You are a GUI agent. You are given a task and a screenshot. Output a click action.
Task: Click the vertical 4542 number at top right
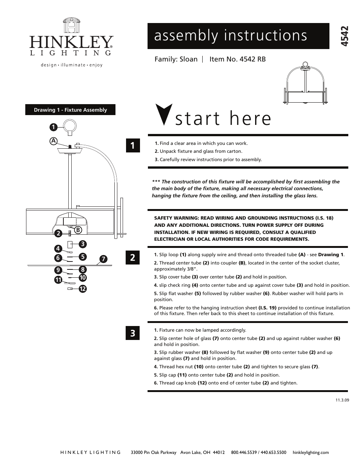tap(344, 37)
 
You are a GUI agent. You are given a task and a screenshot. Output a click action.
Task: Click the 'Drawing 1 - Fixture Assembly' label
tap(70, 110)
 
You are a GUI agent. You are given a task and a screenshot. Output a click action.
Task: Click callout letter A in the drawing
tap(54, 141)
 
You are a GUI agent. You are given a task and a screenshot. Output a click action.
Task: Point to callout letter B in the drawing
tap(77, 229)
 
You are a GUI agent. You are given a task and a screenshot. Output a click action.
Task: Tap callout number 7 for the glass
tap(103, 259)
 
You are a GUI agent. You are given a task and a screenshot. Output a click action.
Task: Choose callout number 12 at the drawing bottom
tap(83, 289)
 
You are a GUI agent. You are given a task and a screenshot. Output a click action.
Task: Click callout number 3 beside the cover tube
tap(83, 244)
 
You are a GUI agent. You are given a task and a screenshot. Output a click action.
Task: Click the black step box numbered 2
tap(132, 258)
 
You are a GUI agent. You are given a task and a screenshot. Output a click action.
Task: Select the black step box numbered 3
tap(132, 333)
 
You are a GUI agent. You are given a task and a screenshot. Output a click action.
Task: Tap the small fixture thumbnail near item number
tap(305, 84)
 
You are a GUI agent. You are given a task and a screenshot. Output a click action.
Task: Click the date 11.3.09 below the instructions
tap(342, 400)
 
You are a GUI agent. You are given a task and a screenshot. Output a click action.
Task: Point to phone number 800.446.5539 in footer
tap(243, 452)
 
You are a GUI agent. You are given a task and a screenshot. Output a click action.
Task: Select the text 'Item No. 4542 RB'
tap(237, 59)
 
